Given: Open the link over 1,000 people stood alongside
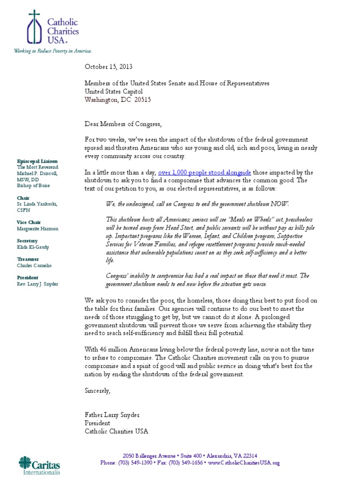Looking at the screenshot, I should click(x=198, y=172).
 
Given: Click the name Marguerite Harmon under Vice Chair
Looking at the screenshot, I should click(x=38, y=229).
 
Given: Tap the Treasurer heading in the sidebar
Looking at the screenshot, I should click(x=28, y=259).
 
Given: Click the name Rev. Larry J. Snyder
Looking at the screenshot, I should click(x=37, y=283).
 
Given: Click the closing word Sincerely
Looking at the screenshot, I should click(x=97, y=390).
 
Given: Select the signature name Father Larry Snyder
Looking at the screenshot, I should click(x=112, y=415).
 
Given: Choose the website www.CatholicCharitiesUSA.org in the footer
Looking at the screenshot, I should click(x=244, y=463).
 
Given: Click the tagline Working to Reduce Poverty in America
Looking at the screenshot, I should click(x=52, y=51).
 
